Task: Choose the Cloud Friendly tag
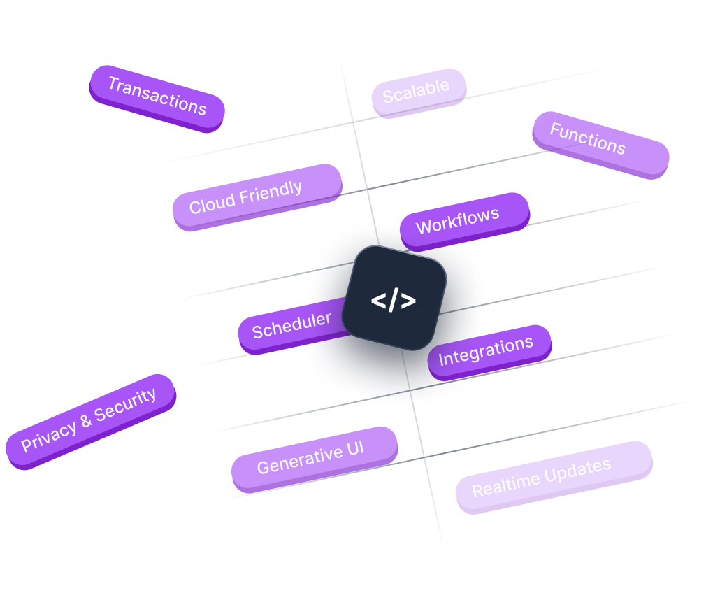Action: click(257, 196)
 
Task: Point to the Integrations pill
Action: click(488, 351)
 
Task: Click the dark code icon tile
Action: click(395, 298)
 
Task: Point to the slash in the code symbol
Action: click(394, 300)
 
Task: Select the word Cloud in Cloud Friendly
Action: click(213, 203)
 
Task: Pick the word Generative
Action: click(290, 462)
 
